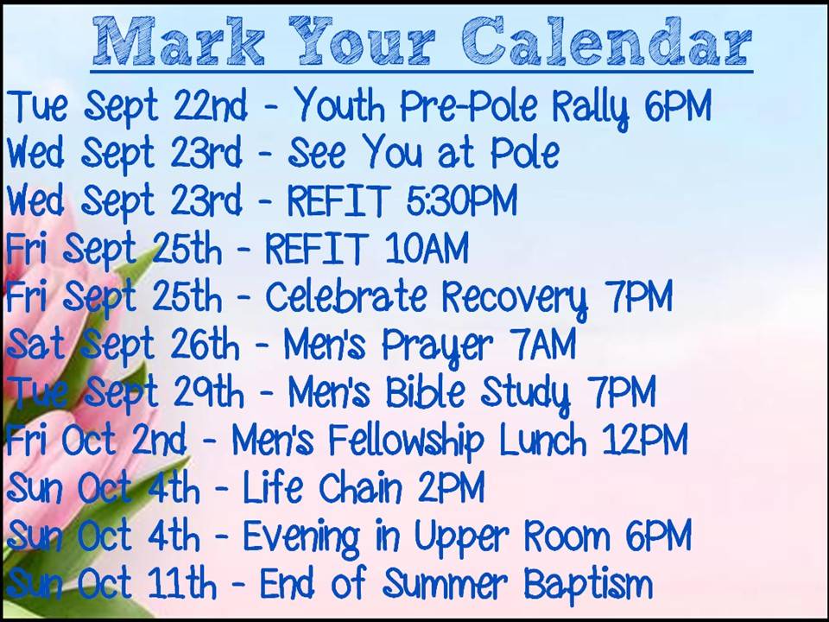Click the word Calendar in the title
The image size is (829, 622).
(x=607, y=41)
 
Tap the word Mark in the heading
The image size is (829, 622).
(x=179, y=41)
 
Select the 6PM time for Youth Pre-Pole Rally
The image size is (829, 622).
(x=678, y=105)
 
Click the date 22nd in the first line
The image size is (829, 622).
(x=210, y=105)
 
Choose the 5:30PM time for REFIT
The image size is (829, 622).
(x=461, y=200)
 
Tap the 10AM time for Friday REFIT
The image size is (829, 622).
(x=427, y=248)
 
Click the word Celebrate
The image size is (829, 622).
(x=345, y=295)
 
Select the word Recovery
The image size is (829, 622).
(x=515, y=299)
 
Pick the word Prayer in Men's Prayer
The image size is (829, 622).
(x=437, y=346)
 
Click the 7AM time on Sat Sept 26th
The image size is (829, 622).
(x=543, y=344)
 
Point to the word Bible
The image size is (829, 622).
(x=426, y=391)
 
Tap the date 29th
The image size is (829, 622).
(x=208, y=392)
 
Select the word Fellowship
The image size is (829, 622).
(x=406, y=441)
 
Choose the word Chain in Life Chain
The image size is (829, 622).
(x=361, y=487)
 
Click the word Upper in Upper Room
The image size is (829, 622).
(x=460, y=537)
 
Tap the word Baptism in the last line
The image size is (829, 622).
(x=588, y=585)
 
